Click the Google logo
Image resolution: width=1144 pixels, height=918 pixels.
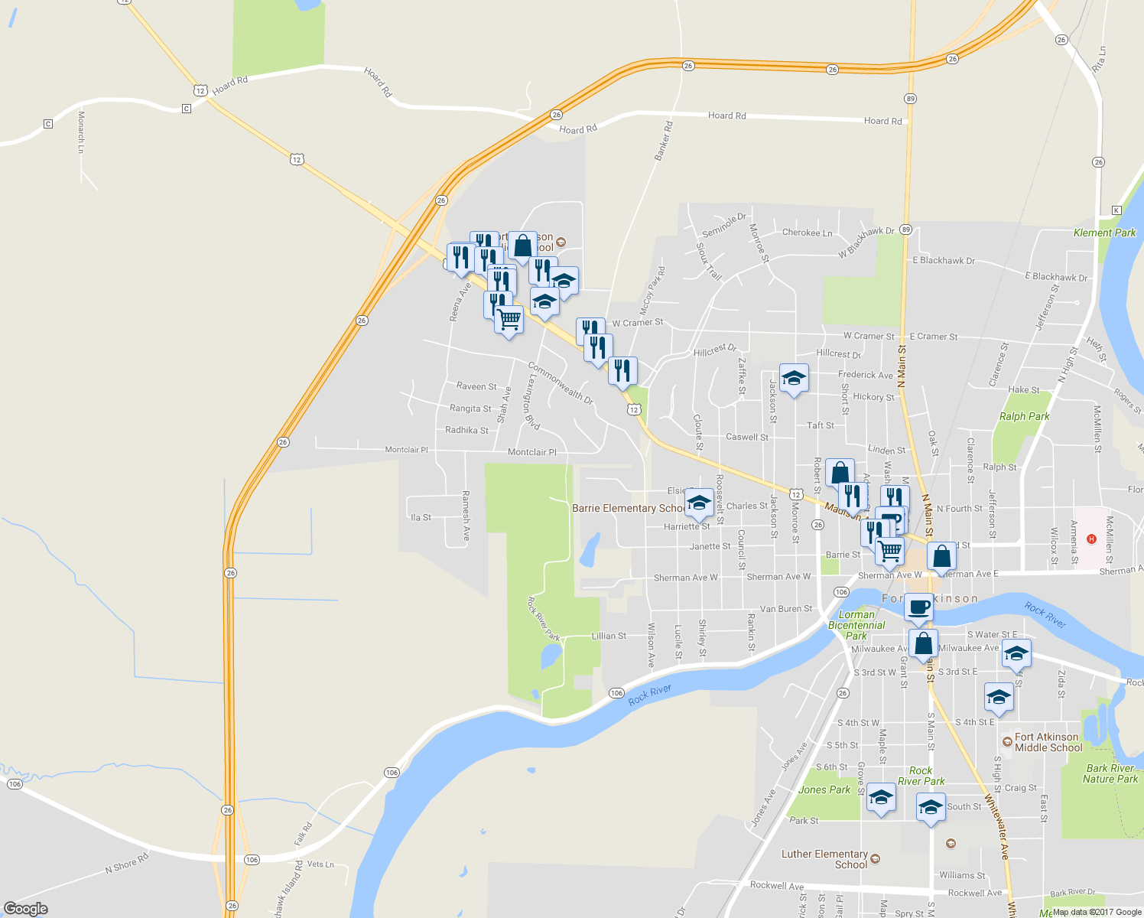(x=26, y=909)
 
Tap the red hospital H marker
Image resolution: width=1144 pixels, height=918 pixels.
(x=1091, y=539)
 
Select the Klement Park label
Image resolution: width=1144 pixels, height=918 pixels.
(x=1104, y=233)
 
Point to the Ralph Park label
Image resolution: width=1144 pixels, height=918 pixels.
(x=1024, y=416)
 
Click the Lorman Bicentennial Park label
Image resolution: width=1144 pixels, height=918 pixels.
(x=856, y=625)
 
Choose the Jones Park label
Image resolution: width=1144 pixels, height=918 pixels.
(x=824, y=789)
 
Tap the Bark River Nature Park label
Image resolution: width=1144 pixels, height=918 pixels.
(x=1110, y=773)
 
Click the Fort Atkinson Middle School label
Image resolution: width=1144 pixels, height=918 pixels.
(x=1048, y=742)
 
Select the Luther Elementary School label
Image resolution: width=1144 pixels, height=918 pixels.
(x=824, y=859)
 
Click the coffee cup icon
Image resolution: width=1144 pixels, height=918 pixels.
(x=918, y=607)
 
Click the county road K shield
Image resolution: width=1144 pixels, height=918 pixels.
(x=1116, y=210)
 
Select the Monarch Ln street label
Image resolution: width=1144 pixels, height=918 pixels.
(x=81, y=132)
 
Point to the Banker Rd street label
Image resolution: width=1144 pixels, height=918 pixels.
(x=663, y=141)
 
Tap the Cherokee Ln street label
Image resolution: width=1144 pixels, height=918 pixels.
(x=807, y=233)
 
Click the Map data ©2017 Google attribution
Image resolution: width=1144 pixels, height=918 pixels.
(x=1097, y=912)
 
